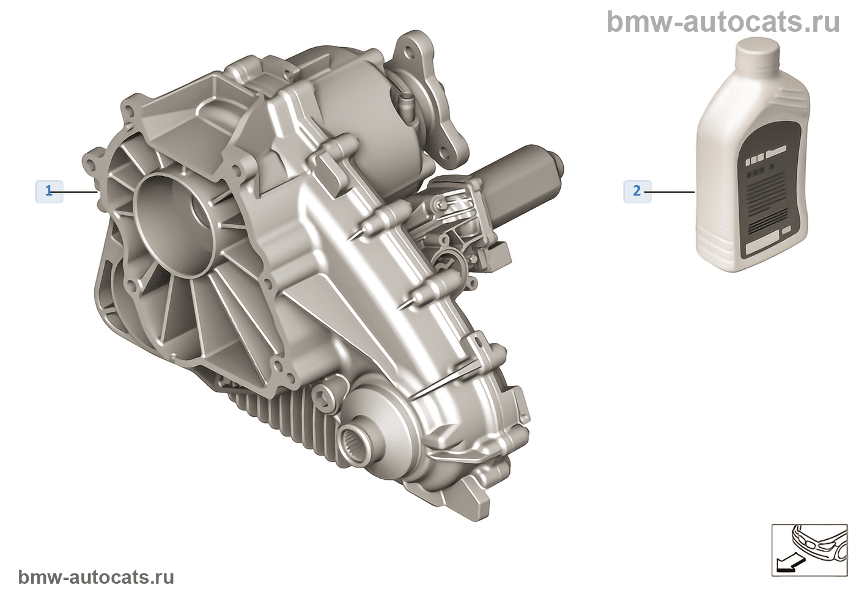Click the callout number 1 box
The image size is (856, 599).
tap(49, 191)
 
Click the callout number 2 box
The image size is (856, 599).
tap(637, 191)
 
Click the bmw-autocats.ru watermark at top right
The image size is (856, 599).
tap(723, 21)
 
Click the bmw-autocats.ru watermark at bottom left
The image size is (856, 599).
tap(96, 577)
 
